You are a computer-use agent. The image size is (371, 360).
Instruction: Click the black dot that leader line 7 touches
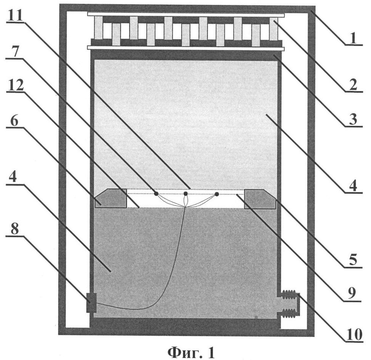156,194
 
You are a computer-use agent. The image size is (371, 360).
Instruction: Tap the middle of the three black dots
186,194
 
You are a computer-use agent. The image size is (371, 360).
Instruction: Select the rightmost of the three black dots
217,194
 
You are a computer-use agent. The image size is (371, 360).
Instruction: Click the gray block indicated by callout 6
111,199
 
